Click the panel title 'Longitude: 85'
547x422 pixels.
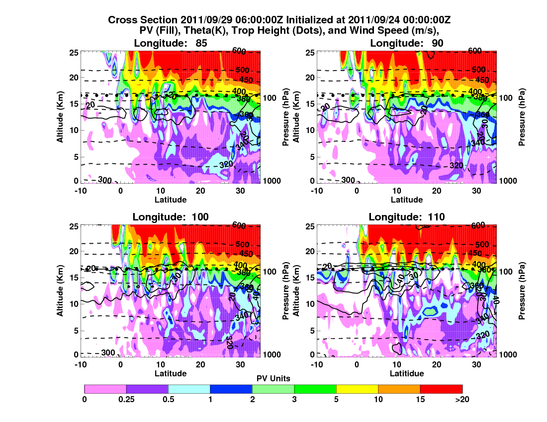point(171,43)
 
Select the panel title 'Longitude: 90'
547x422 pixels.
point(407,43)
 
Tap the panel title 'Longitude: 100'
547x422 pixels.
point(171,216)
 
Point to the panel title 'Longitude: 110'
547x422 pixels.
point(407,216)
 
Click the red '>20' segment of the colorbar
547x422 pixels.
point(441,389)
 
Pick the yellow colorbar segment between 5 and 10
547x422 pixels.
point(357,389)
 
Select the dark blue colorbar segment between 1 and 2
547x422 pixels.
point(231,389)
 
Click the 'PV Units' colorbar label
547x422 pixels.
point(273,378)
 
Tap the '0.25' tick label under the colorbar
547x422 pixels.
point(126,399)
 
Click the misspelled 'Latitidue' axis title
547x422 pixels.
point(407,373)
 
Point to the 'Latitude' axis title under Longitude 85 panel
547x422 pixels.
point(171,200)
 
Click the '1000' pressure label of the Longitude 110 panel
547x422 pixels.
point(507,354)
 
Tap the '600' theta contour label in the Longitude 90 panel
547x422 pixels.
point(475,51)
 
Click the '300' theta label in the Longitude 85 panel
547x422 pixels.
point(104,179)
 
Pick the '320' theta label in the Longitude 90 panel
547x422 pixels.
point(456,165)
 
